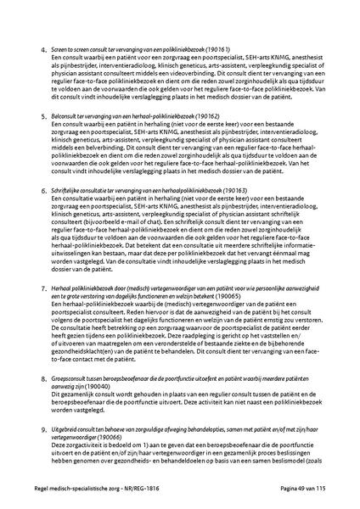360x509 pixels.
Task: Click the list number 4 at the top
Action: [43, 52]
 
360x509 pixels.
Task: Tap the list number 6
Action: [43, 218]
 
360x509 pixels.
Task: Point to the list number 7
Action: [43, 313]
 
